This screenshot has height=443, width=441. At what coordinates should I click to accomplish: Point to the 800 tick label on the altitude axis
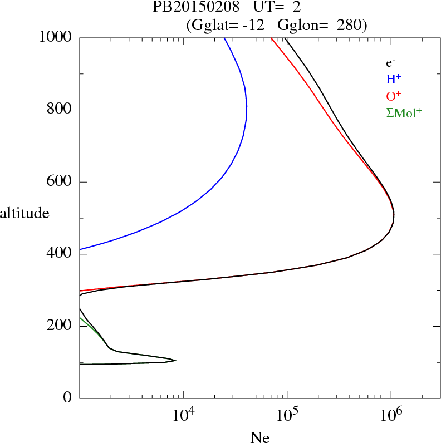pyautogui.click(x=60, y=110)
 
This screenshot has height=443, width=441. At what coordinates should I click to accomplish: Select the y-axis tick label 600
pyautogui.click(x=60, y=182)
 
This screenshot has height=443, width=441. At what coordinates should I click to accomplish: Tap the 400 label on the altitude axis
pyautogui.click(x=60, y=254)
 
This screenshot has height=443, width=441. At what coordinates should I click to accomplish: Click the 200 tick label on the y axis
pyautogui.click(x=60, y=326)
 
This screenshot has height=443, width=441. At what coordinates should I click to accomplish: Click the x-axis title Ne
pyautogui.click(x=259, y=437)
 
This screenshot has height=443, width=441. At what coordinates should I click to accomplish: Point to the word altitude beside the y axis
pyautogui.click(x=25, y=213)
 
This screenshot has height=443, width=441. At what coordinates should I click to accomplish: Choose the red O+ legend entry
pyautogui.click(x=394, y=96)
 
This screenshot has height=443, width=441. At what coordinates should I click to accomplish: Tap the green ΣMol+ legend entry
pyautogui.click(x=404, y=113)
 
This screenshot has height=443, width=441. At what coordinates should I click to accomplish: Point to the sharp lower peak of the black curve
pyautogui.click(x=176, y=361)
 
